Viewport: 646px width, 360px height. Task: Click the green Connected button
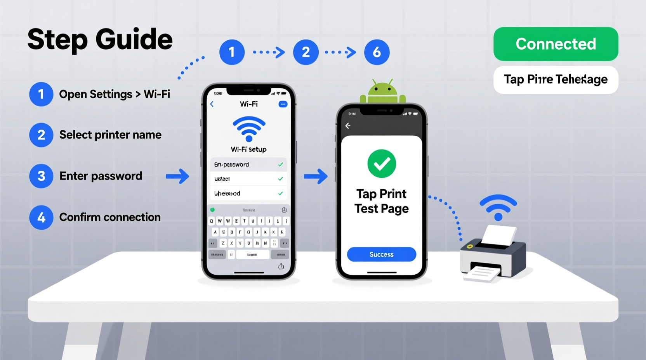click(x=556, y=44)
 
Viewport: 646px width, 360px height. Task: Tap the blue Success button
click(x=381, y=254)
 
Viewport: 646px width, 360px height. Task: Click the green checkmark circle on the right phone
click(x=382, y=164)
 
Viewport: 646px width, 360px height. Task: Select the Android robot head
click(x=382, y=92)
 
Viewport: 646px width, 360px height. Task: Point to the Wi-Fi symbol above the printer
click(x=498, y=207)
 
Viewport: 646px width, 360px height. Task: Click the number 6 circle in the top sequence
click(x=377, y=52)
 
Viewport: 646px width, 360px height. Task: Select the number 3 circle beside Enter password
click(x=41, y=176)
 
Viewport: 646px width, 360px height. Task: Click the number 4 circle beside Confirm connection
click(x=41, y=217)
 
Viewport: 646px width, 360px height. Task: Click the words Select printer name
click(x=110, y=135)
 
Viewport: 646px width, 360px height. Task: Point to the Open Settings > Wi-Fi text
click(x=115, y=94)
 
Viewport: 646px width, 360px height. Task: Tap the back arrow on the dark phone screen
click(x=348, y=126)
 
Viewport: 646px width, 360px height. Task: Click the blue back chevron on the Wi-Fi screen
click(x=212, y=104)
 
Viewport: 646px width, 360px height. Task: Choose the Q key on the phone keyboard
click(x=212, y=221)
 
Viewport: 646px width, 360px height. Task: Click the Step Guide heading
click(x=100, y=40)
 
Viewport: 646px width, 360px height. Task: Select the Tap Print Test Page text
click(x=381, y=201)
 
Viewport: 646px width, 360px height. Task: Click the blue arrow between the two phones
click(x=316, y=176)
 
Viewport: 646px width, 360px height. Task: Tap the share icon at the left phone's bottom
click(x=281, y=266)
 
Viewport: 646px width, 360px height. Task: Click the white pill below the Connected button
click(x=556, y=80)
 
